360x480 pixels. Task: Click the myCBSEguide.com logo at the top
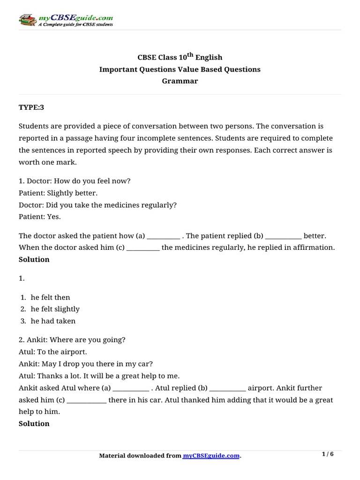[65, 20]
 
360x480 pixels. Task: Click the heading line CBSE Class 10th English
[180, 57]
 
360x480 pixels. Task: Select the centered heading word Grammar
[180, 81]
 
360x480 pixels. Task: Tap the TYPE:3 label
[31, 107]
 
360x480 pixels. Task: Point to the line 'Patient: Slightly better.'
[59, 193]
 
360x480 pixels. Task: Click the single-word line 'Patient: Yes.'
[40, 217]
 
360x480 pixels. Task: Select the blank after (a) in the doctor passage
[163, 236]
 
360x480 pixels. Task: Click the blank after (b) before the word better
[283, 236]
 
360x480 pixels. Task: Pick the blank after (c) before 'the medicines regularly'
[143, 247]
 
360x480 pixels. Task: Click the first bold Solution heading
[34, 260]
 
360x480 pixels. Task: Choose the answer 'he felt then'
[50, 297]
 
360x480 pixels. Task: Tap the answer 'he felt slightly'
[55, 309]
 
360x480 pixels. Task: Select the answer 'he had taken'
[53, 321]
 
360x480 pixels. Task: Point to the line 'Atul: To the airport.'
[53, 351]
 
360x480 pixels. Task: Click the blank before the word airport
[227, 388]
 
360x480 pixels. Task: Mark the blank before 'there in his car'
[87, 400]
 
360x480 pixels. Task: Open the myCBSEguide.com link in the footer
[211, 456]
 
